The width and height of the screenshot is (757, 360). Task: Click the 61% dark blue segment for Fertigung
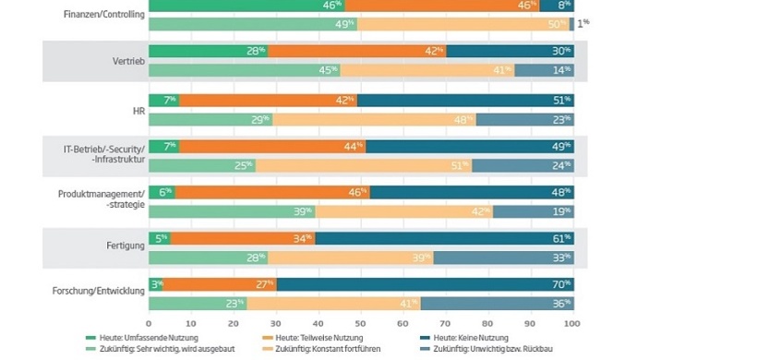443,238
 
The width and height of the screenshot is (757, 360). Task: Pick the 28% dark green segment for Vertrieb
207,52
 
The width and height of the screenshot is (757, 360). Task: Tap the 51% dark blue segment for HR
465,100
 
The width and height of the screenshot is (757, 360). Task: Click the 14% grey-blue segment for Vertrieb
544,70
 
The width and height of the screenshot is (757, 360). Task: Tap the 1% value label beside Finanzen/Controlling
583,23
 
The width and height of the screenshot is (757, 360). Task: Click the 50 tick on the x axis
361,324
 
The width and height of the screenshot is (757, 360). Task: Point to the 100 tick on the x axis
572,324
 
